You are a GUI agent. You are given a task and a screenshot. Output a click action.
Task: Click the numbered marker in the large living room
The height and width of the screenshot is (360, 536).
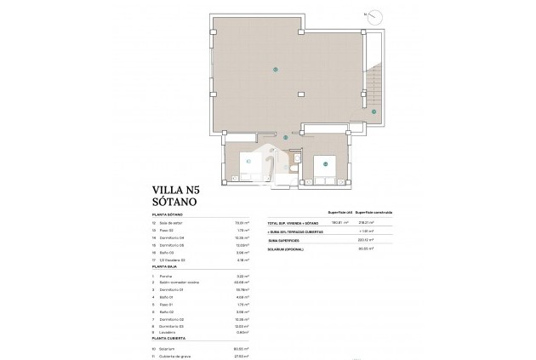pos(275,69)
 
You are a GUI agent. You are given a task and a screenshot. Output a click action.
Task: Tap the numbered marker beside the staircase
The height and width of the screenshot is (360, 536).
pos(373,111)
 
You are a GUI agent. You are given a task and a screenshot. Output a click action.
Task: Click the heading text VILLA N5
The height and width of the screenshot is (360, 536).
pos(177,192)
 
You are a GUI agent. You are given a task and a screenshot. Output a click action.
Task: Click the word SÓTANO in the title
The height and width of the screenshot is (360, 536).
pos(174,206)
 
